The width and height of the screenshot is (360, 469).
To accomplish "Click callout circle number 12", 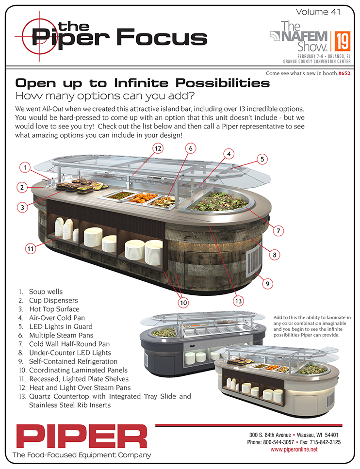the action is (158, 148).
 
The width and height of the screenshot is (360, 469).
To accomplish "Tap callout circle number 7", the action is (278, 230).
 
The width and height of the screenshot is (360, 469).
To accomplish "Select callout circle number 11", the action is (31, 248).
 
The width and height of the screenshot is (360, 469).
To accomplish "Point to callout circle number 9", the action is (267, 284).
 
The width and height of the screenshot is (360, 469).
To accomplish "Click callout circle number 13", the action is (238, 301).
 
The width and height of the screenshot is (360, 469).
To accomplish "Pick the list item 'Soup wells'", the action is (46, 291).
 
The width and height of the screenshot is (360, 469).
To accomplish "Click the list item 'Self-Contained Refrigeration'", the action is (73, 361).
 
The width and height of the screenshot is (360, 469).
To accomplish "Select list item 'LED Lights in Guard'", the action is (61, 326).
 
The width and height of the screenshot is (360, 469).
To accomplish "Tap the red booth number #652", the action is (344, 73).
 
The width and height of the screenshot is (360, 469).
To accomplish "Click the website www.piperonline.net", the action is (294, 449).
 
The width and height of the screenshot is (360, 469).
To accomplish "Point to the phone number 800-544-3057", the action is (278, 442).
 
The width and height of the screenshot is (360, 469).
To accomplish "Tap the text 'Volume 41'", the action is (318, 12).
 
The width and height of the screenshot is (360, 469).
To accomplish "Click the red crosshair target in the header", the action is (40, 36).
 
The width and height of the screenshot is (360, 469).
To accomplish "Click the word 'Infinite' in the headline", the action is (142, 83).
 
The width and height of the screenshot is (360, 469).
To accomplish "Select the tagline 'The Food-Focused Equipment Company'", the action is (82, 455).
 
